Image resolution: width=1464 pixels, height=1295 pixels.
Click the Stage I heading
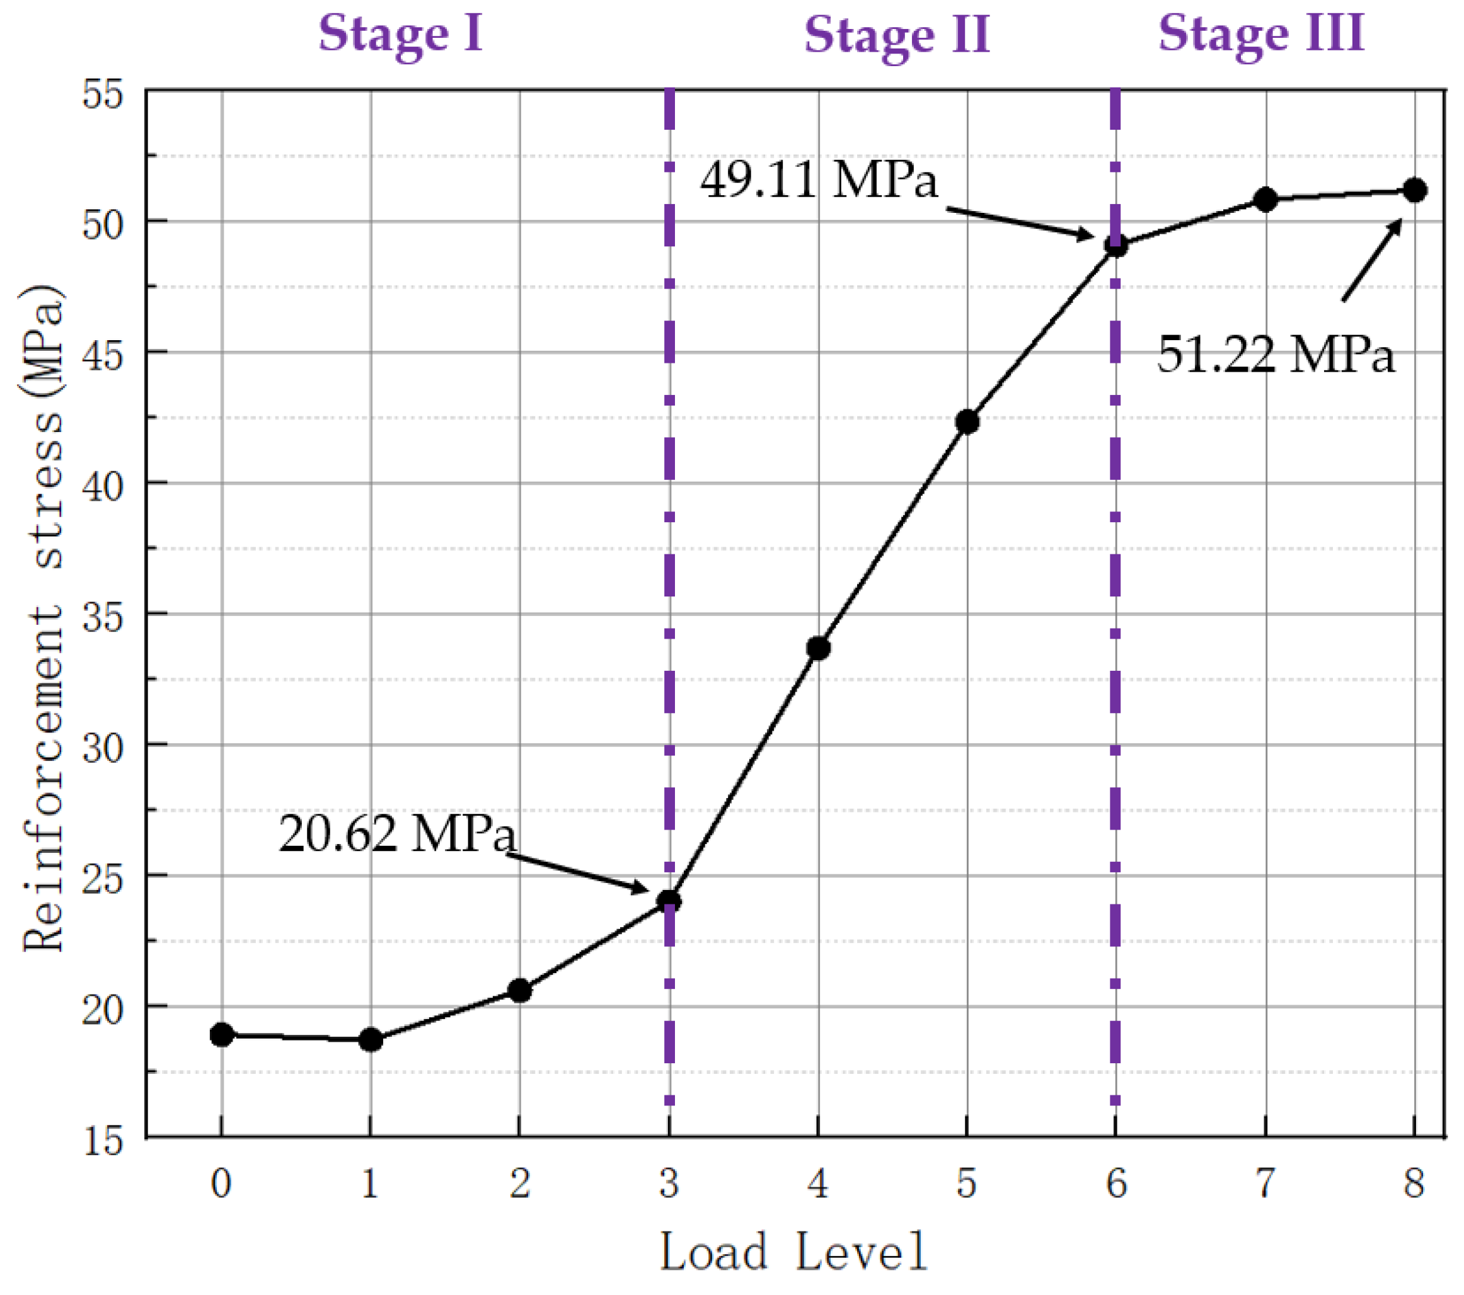click(400, 35)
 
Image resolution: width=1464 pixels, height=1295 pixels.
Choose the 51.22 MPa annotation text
click(1276, 353)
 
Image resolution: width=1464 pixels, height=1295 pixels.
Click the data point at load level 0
click(222, 1034)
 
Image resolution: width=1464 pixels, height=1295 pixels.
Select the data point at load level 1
click(371, 1039)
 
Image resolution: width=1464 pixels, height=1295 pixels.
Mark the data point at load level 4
click(818, 649)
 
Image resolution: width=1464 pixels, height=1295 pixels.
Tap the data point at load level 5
click(967, 421)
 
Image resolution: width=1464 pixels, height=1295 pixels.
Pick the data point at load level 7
click(1265, 199)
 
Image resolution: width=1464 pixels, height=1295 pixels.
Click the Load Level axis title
click(793, 1252)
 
